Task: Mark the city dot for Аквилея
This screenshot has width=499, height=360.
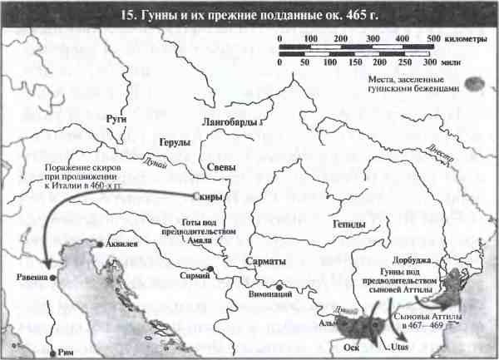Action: click(x=99, y=245)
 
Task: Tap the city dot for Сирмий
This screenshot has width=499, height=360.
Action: click(x=212, y=269)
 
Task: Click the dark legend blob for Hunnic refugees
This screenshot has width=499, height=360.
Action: click(x=476, y=83)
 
